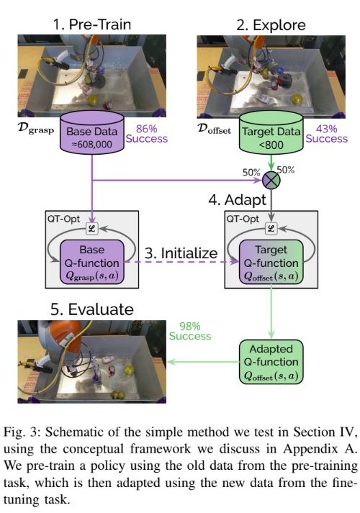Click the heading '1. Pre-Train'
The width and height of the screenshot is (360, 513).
91,24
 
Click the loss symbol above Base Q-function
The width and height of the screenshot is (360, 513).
91,229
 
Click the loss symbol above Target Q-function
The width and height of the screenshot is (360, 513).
270,229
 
